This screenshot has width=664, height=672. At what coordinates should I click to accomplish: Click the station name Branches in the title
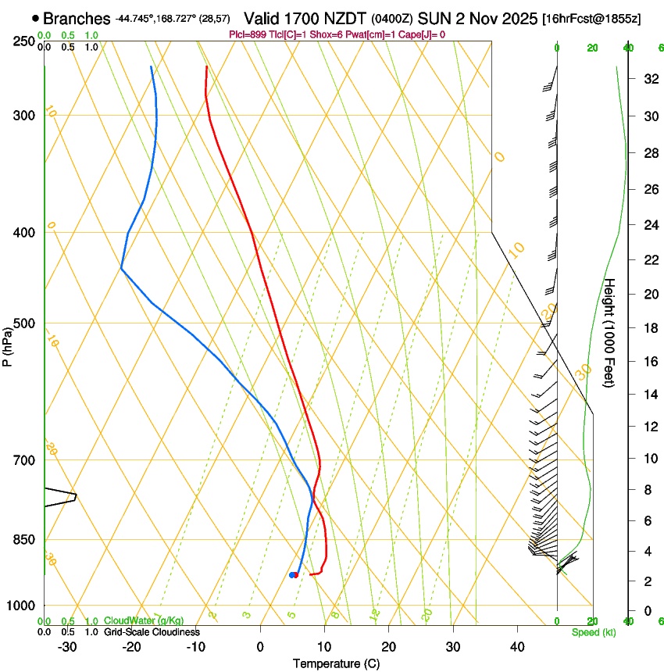click(x=77, y=19)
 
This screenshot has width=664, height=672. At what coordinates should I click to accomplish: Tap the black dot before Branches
click(x=36, y=18)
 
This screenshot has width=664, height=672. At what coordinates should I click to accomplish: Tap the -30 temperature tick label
click(x=67, y=647)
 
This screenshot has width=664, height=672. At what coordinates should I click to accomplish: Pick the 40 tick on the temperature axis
click(x=516, y=647)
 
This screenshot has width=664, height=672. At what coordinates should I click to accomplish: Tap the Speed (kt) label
click(x=593, y=631)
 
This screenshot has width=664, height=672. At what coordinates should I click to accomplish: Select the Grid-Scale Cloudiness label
click(x=152, y=631)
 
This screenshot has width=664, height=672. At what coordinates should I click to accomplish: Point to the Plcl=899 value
click(x=248, y=35)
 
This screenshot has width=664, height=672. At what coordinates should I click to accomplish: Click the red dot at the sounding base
click(x=295, y=575)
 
